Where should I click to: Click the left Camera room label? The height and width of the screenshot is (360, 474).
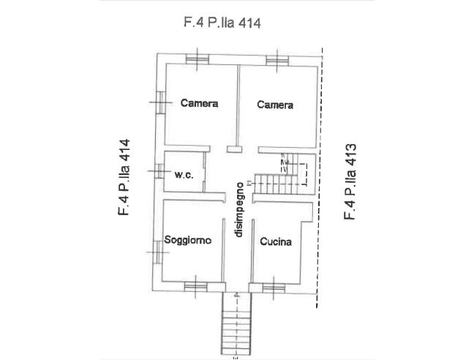(x=199, y=103)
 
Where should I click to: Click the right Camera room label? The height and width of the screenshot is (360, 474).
(x=275, y=105)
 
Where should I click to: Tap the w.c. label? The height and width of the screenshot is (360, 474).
(x=184, y=175)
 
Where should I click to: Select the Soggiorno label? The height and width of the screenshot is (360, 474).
(x=188, y=240)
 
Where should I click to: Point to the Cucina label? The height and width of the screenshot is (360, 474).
(x=276, y=241)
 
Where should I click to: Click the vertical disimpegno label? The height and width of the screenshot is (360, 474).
(x=238, y=209)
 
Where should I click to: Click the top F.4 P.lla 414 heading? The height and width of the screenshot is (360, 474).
(x=222, y=23)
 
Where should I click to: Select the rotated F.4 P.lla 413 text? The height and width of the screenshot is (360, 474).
(x=350, y=181)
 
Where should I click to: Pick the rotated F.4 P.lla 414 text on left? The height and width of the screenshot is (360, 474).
(x=124, y=177)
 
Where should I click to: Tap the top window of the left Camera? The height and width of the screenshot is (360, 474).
(x=197, y=59)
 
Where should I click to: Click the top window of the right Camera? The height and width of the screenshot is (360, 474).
(x=277, y=61)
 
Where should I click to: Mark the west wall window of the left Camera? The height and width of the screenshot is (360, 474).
(x=161, y=102)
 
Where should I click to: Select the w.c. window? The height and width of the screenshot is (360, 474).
(x=159, y=171)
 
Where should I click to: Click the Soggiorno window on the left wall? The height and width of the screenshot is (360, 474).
(x=157, y=252)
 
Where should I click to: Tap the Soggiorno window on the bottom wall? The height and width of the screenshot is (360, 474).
(x=195, y=286)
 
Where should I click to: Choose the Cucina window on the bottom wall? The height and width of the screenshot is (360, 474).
(x=274, y=288)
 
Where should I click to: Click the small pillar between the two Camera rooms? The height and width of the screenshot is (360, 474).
(x=235, y=149)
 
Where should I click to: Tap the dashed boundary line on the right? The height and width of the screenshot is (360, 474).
(x=320, y=178)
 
